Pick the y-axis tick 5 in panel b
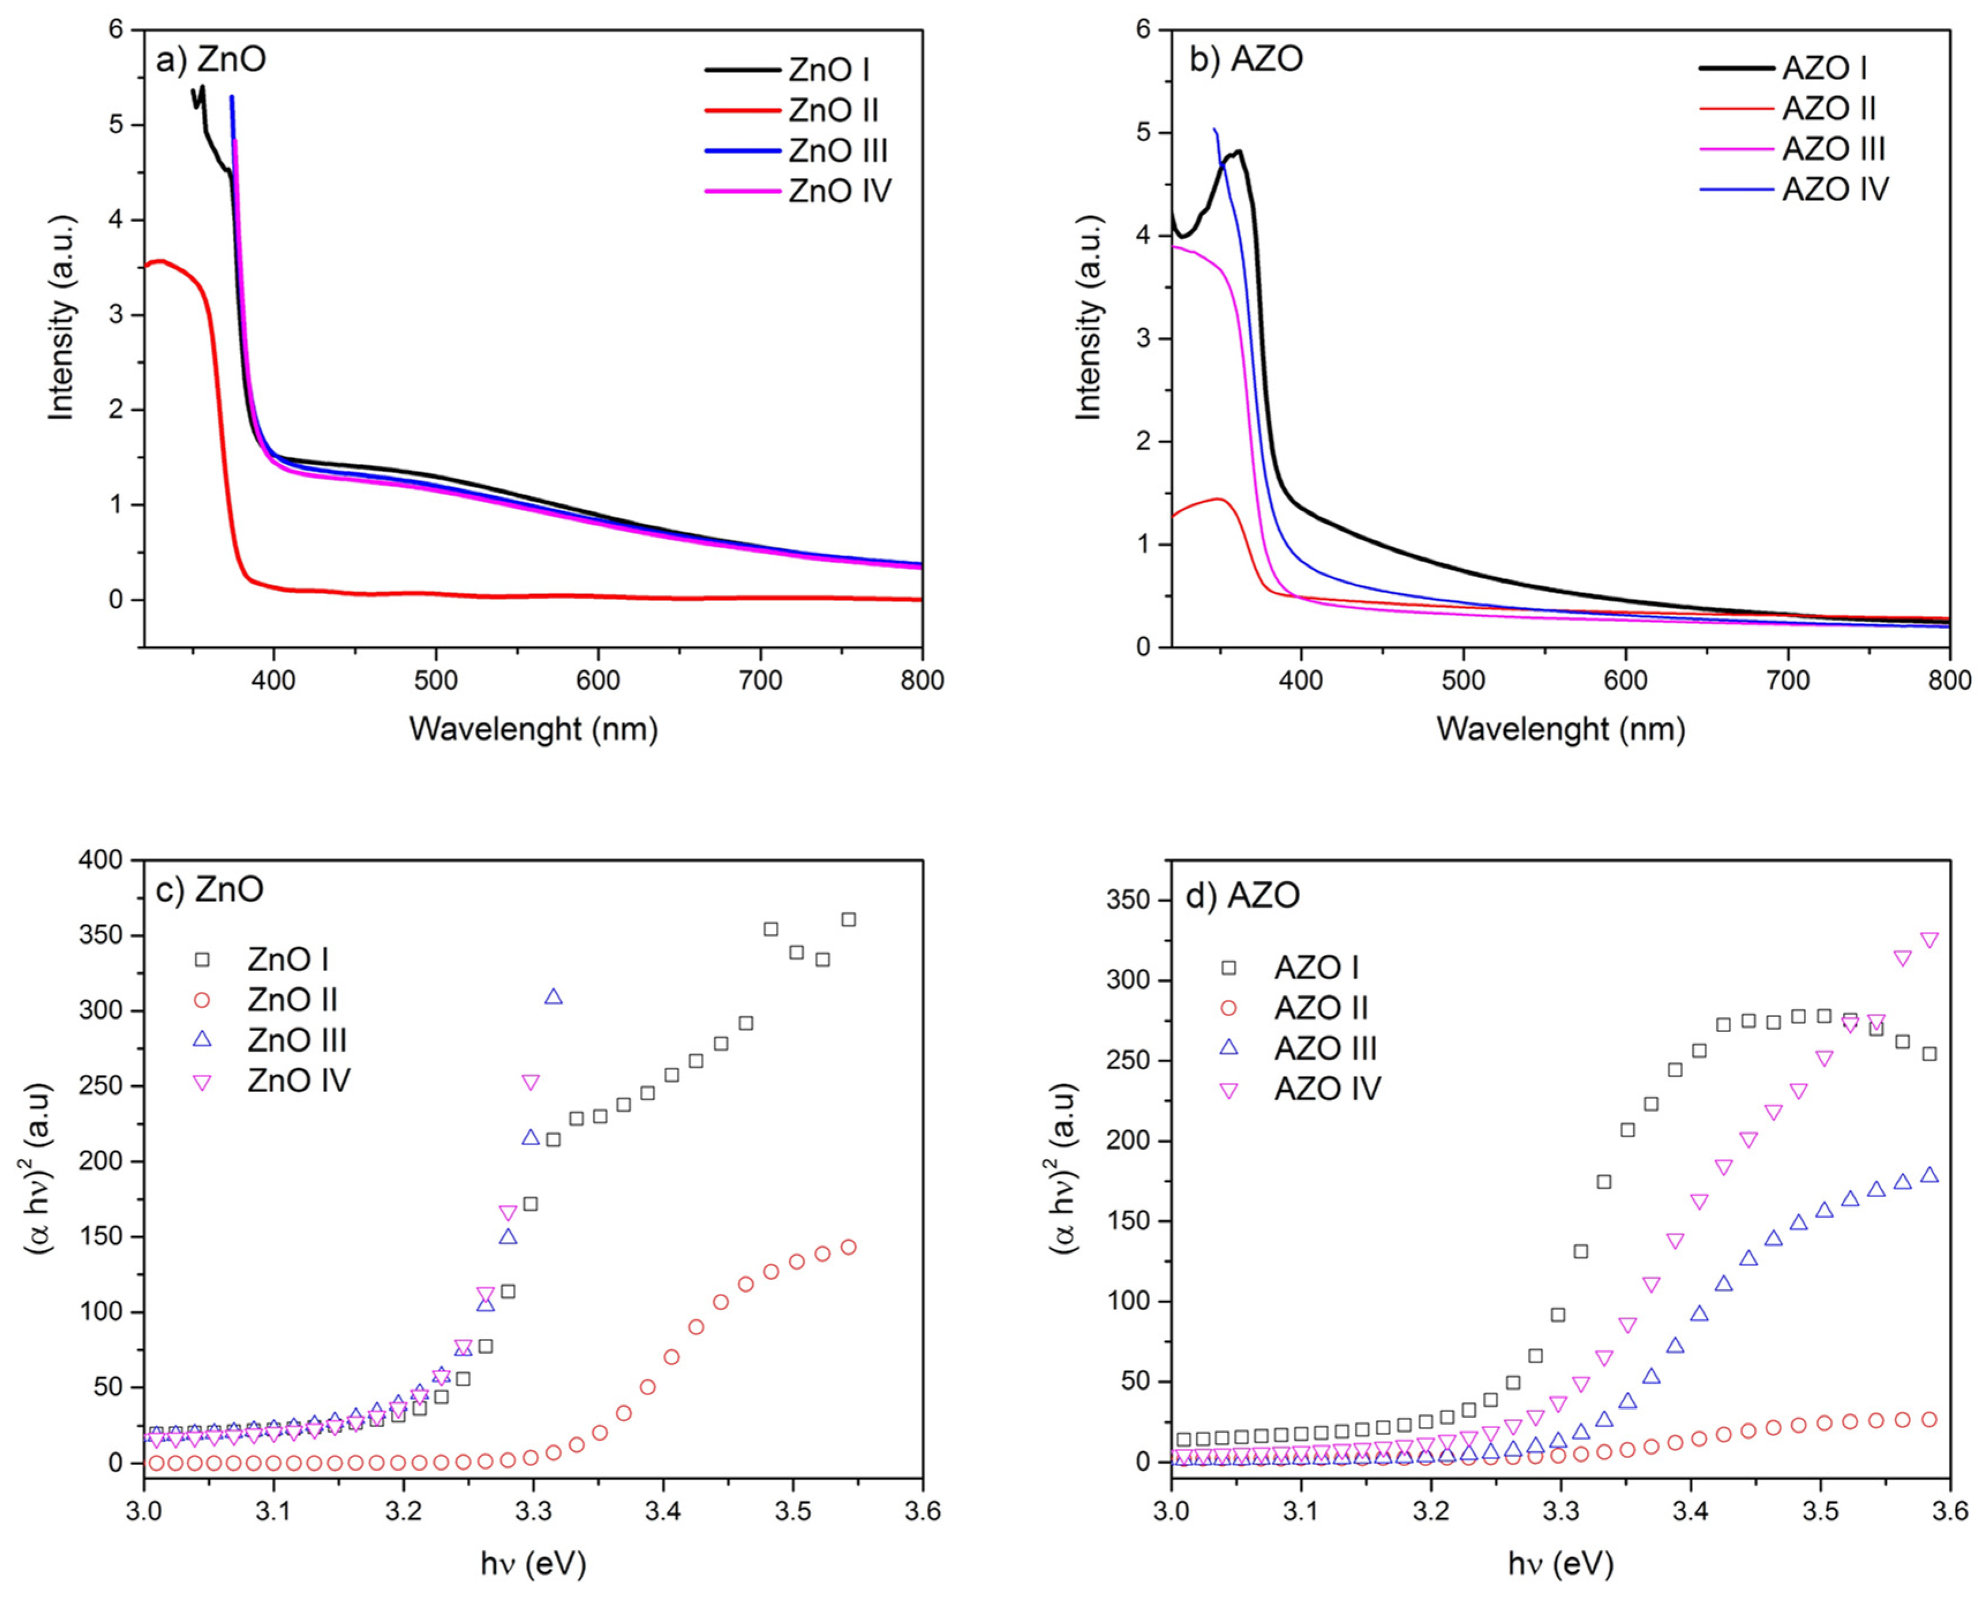[x=1144, y=133]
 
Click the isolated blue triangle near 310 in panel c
[x=553, y=996]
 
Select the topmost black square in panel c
[x=848, y=919]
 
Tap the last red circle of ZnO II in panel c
[x=848, y=1247]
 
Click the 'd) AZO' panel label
[x=1242, y=894]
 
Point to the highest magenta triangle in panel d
[x=1929, y=940]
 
